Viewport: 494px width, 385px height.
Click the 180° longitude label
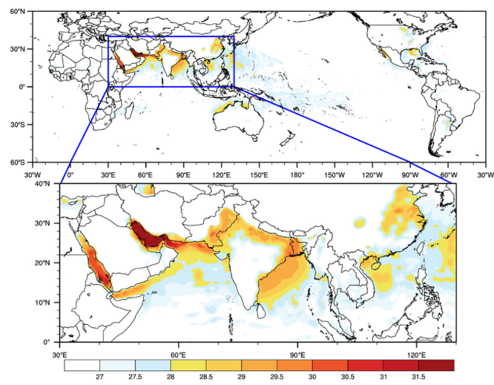296,175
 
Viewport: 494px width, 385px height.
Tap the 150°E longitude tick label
259,175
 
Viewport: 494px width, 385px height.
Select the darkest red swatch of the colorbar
436,365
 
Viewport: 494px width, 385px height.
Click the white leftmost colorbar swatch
82,365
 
